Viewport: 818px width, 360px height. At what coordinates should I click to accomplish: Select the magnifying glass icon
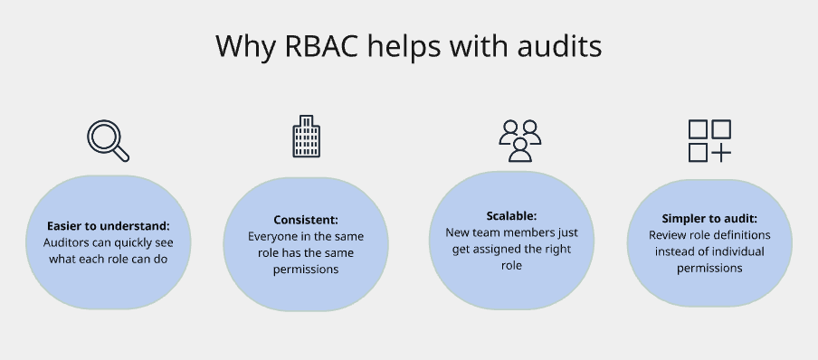pyautogui.click(x=108, y=140)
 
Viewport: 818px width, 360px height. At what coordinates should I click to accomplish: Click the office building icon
pyautogui.click(x=306, y=137)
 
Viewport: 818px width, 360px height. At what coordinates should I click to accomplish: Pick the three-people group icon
pyautogui.click(x=519, y=139)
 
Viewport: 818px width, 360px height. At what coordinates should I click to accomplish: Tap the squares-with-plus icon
pyautogui.click(x=709, y=140)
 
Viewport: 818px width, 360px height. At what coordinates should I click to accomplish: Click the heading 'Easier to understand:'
pyautogui.click(x=108, y=225)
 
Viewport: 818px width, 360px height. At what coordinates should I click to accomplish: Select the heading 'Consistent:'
pyautogui.click(x=306, y=220)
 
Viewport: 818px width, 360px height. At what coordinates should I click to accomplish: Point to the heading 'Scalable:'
pyautogui.click(x=511, y=216)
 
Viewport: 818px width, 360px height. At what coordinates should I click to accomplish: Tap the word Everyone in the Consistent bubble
pyautogui.click(x=275, y=236)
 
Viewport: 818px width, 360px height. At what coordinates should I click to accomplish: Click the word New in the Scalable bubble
pyautogui.click(x=458, y=232)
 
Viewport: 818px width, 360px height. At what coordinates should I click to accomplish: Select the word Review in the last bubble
pyautogui.click(x=668, y=235)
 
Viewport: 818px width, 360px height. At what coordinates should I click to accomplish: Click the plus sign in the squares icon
pyautogui.click(x=721, y=152)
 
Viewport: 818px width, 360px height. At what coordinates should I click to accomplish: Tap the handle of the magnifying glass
pyautogui.click(x=120, y=153)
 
